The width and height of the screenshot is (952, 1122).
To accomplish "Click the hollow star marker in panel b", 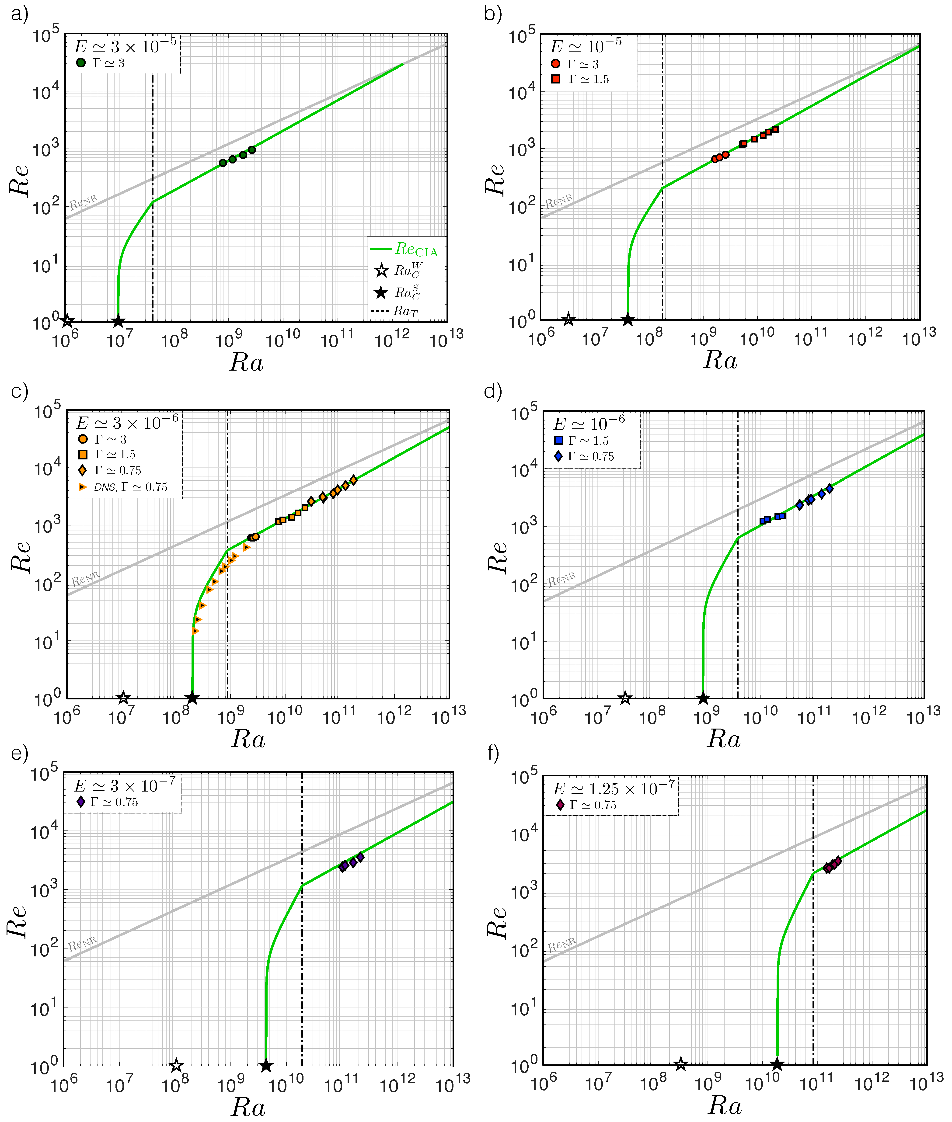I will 568,319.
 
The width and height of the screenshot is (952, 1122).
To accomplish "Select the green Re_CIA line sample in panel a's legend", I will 380,249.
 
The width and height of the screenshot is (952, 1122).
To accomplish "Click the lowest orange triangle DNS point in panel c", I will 195,631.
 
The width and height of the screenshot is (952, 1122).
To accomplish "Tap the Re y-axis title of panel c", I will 21,557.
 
